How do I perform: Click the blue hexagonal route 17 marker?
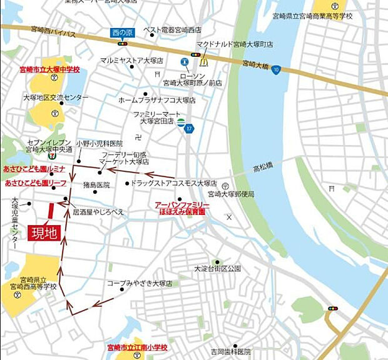(189, 127)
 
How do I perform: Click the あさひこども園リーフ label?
(36, 183)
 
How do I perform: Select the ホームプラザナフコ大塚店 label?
(156, 100)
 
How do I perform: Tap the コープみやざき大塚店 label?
(139, 283)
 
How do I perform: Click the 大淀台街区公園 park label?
(217, 269)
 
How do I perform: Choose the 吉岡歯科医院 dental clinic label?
(230, 351)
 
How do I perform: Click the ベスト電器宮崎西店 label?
(172, 29)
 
